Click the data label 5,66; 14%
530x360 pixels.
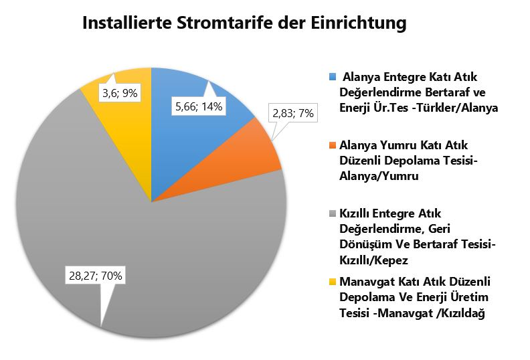[x=199, y=105]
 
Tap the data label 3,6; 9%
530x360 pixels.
[x=120, y=94]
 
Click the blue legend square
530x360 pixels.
[x=333, y=76]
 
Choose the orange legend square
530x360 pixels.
[x=333, y=144]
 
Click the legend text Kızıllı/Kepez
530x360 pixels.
[x=375, y=258]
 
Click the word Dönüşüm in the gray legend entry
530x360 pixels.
[x=364, y=244]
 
